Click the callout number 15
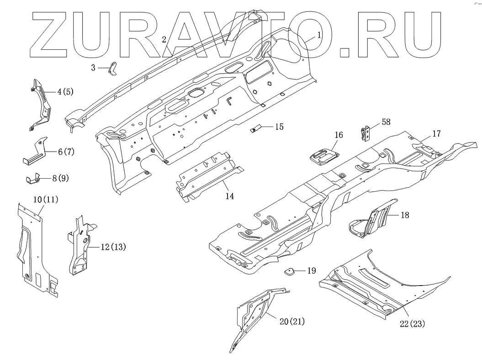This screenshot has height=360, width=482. pos(279,127)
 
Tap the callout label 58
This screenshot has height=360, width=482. pos(386,122)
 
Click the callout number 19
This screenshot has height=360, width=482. pos(311,270)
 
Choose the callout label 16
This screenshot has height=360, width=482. pos(339,135)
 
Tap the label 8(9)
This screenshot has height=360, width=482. pos(61,178)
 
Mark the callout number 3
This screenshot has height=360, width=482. pos(93,68)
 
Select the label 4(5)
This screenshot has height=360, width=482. pos(65,91)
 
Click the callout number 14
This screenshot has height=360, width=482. pos(229,196)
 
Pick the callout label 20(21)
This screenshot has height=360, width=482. pos(291,322)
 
